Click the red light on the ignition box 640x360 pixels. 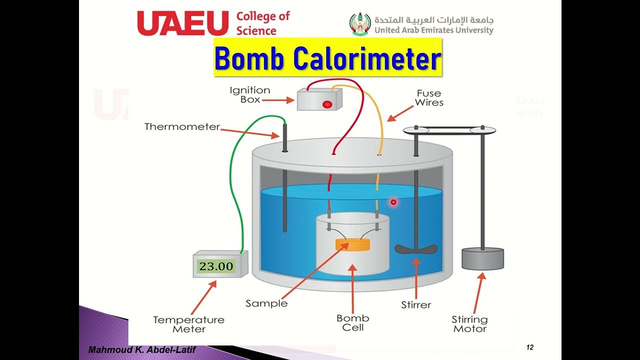tap(327, 104)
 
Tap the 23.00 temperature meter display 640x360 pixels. tap(216, 266)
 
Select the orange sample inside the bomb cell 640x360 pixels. tap(352, 244)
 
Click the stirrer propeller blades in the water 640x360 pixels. tap(416, 248)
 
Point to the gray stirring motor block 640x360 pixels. tap(482, 258)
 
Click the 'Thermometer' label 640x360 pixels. tap(182, 126)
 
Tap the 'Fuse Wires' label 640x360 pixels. tap(429, 97)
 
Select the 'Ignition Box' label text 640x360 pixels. tap(249, 94)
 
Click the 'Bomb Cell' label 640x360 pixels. tap(353, 322)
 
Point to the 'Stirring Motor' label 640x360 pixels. tap(469, 323)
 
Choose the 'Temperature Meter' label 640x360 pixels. tap(188, 324)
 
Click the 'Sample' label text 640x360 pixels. tap(266, 303)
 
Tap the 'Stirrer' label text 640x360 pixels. tap(416, 304)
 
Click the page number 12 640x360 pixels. tap(530, 347)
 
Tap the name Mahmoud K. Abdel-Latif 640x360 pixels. tap(141, 349)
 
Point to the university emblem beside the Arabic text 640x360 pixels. tap(360, 23)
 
